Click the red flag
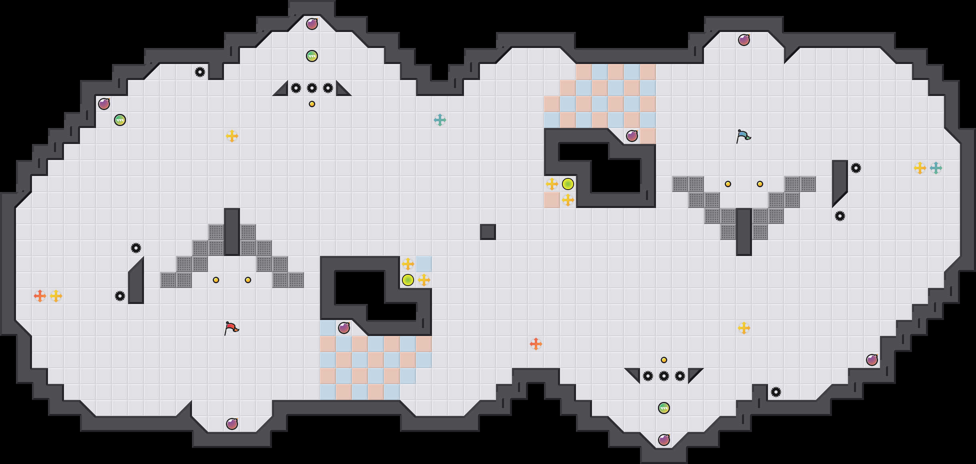(x=231, y=328)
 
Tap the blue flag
(x=743, y=136)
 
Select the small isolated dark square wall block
(x=488, y=232)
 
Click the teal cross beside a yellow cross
(x=936, y=168)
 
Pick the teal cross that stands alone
(x=440, y=120)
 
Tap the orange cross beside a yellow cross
(x=40, y=296)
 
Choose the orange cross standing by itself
(x=536, y=344)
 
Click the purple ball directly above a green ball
(x=312, y=24)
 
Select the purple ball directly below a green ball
(x=664, y=440)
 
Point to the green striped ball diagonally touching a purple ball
(x=120, y=120)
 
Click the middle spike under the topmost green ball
(x=312, y=88)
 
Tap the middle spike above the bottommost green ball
(x=664, y=376)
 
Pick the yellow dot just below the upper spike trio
(x=312, y=104)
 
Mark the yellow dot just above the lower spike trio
(x=664, y=360)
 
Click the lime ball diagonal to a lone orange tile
(x=568, y=184)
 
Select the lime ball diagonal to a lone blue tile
(x=408, y=280)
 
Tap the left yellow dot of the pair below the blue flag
(x=728, y=184)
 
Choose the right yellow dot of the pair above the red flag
(x=248, y=280)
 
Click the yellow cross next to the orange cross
(x=56, y=296)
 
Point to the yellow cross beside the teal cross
(x=920, y=168)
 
